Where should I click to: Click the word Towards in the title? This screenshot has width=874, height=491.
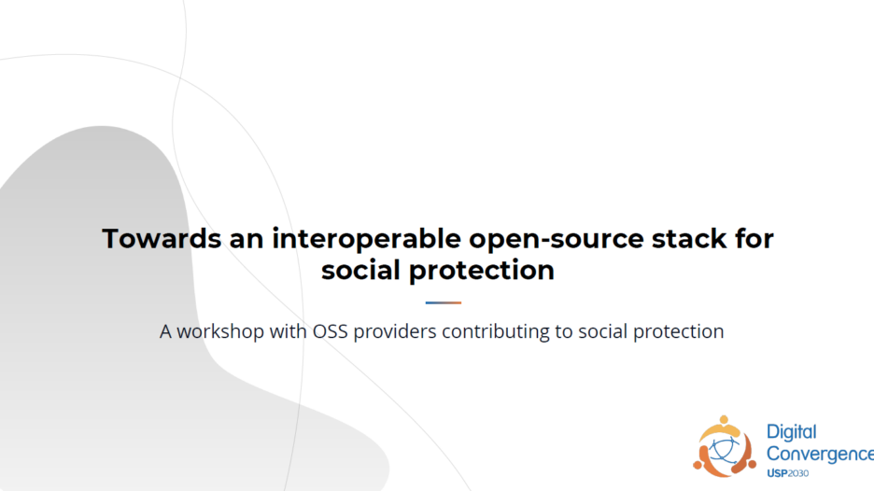(162, 239)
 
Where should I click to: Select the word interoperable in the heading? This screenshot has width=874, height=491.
(366, 239)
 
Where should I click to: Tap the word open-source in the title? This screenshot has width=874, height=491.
(557, 240)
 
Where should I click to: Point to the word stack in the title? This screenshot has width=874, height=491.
(689, 239)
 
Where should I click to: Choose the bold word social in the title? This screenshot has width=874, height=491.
(360, 270)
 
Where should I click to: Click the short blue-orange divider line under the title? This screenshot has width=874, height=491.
(444, 302)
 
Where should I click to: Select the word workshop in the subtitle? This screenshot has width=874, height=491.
(220, 331)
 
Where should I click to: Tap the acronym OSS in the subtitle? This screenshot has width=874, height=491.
(330, 331)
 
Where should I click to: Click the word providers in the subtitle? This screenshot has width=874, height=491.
(395, 332)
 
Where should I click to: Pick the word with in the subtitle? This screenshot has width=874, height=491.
(289, 331)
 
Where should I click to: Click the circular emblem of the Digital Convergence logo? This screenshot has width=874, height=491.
(725, 446)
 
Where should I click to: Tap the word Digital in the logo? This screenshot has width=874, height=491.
(792, 433)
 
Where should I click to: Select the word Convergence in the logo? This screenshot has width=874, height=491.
(820, 454)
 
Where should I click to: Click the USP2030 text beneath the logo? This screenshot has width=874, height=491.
(787, 473)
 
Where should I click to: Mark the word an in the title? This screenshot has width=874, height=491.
(247, 240)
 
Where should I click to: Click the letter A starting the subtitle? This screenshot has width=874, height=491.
(165, 331)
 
